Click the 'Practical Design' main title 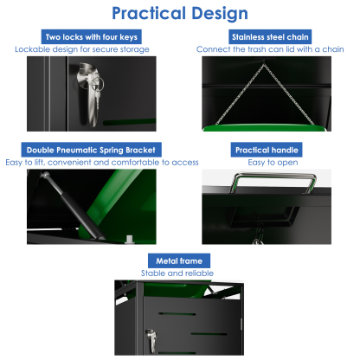pos(180,13)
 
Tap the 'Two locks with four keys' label pos(92,37)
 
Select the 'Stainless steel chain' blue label pos(270,37)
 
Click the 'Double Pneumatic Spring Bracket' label pos(91,150)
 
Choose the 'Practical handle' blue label pos(267,150)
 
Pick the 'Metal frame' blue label pos(179,260)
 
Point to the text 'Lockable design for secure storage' pos(82,49)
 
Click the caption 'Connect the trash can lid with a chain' pos(270,49)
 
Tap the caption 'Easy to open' pos(273,163)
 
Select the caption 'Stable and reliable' pos(177,273)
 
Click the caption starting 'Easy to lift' pos(102,163)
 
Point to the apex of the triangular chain pos(263,64)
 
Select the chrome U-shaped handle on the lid pos(273,183)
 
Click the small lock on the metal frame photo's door pos(151,340)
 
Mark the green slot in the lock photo pos(129,122)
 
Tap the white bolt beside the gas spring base pos(130,240)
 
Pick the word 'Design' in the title pos(220,14)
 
